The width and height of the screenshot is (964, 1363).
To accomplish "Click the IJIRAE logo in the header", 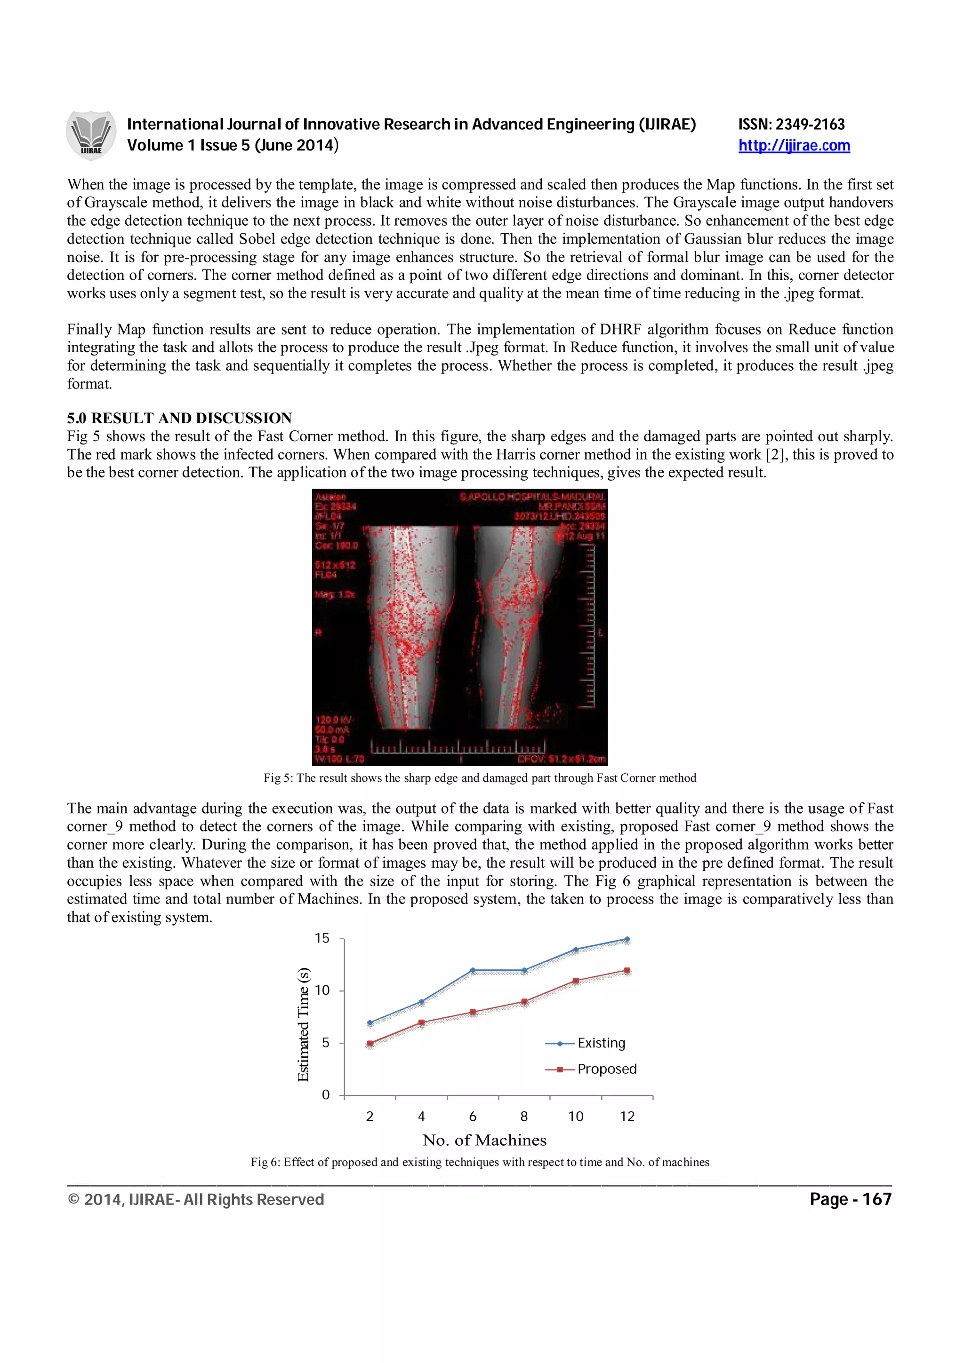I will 91,135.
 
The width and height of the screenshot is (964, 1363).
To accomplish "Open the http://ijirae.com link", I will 794,145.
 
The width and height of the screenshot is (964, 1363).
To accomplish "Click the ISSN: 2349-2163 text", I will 791,124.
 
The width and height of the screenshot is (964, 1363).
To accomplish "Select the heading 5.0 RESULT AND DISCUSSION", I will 179,418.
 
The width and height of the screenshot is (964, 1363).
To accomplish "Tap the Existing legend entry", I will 601,1043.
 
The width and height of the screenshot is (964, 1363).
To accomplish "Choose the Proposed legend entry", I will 606,1069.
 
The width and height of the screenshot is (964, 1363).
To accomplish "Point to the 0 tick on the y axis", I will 325,1094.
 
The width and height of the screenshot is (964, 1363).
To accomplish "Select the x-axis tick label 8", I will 524,1117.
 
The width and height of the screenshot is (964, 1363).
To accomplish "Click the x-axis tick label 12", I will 627,1117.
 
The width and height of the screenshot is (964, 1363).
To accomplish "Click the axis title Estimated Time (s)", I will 304,1024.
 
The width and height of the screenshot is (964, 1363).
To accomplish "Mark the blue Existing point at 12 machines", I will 627,939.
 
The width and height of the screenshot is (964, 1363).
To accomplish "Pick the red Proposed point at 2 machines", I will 370,1043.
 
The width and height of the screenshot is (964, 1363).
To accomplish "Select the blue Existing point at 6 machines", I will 473,970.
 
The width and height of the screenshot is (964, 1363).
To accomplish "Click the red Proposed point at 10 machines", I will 576,981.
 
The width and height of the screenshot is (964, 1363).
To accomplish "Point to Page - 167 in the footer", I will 850,1199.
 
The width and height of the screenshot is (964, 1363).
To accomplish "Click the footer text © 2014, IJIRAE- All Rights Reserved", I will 196,1200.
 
